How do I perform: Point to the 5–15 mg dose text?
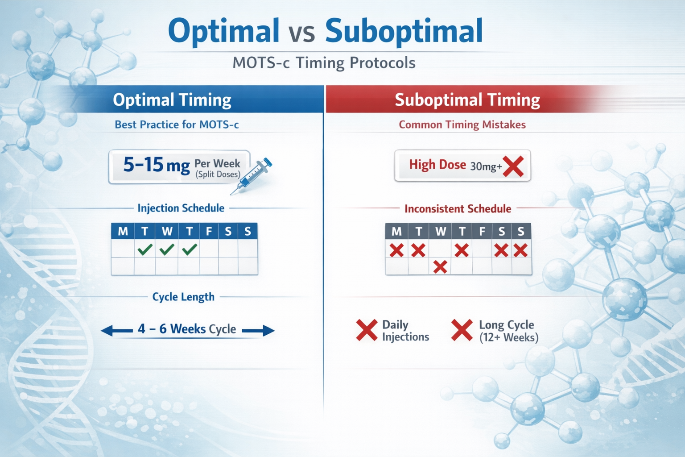tap(156, 165)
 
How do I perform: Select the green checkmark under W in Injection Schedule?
tap(167, 249)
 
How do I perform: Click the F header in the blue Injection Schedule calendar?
tap(209, 231)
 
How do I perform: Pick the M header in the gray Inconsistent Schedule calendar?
tap(396, 231)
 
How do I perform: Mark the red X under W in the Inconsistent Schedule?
tap(440, 267)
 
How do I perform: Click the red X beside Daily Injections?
tap(367, 330)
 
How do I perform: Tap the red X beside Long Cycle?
tap(462, 330)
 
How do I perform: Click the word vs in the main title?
tap(302, 32)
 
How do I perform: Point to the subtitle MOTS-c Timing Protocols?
tap(324, 63)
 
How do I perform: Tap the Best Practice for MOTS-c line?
tap(177, 125)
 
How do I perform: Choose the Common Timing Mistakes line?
tap(462, 125)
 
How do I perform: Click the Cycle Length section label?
tap(183, 297)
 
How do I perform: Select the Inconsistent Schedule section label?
tap(458, 208)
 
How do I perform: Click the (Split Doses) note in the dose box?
tap(218, 174)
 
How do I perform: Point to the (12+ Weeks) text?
tap(509, 337)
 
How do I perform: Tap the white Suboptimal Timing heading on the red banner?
tap(467, 100)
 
